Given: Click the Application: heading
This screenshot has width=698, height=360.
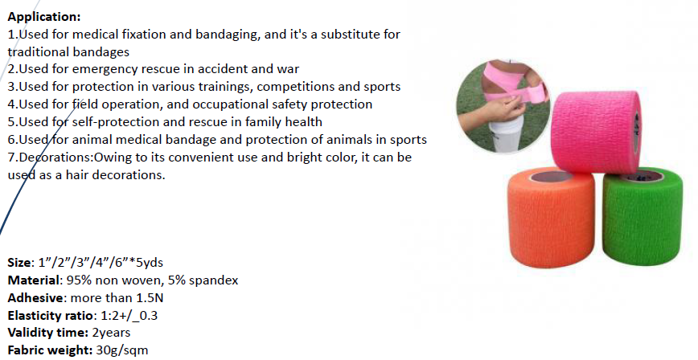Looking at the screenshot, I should (x=43, y=16).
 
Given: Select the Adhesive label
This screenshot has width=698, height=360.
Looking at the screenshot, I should (x=34, y=297).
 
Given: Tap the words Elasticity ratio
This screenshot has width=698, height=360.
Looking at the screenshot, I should (x=47, y=315).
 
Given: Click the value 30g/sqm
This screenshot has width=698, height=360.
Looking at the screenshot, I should (x=121, y=350).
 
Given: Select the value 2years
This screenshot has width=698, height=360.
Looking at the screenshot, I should (x=110, y=333).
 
